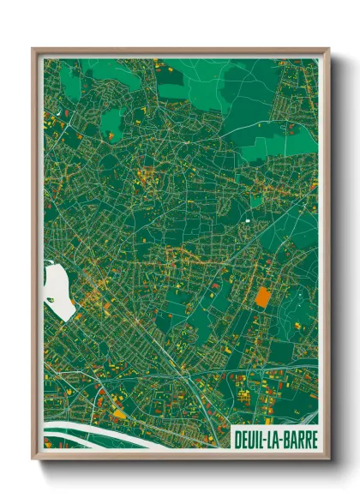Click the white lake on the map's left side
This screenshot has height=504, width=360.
(x=57, y=291)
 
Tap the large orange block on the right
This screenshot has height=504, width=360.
(x=262, y=297)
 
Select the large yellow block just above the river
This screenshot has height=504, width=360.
(x=117, y=415)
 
